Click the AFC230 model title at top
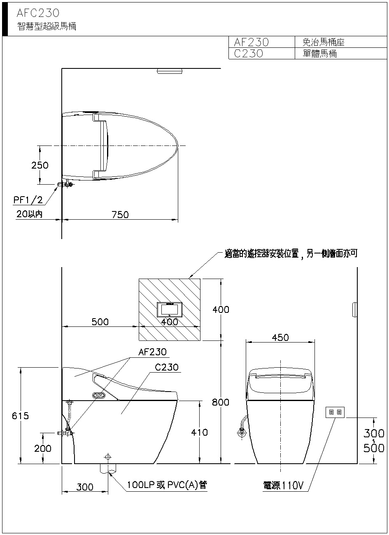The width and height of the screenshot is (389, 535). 38,13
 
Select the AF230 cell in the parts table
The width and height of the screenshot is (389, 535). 251,42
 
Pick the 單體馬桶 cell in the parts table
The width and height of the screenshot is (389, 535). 319,54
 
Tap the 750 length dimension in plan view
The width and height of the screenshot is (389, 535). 120,214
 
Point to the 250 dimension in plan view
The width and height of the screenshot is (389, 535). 40,165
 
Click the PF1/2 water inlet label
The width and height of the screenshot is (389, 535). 28,200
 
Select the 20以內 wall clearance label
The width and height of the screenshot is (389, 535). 29,214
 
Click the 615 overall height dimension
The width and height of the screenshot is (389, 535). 20,416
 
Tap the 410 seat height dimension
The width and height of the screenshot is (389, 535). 199,432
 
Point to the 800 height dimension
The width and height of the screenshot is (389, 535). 221,402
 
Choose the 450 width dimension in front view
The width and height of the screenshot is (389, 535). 280,338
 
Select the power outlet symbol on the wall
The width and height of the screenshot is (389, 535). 335,412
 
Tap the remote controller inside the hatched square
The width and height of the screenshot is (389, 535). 170,310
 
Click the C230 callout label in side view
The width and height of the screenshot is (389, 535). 166,367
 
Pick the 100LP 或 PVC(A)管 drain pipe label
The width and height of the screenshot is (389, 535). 167,485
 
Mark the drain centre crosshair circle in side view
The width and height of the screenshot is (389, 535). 108,457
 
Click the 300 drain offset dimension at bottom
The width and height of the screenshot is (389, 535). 85,487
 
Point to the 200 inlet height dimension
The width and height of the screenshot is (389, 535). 43,448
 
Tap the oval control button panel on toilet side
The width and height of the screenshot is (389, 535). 99,396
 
